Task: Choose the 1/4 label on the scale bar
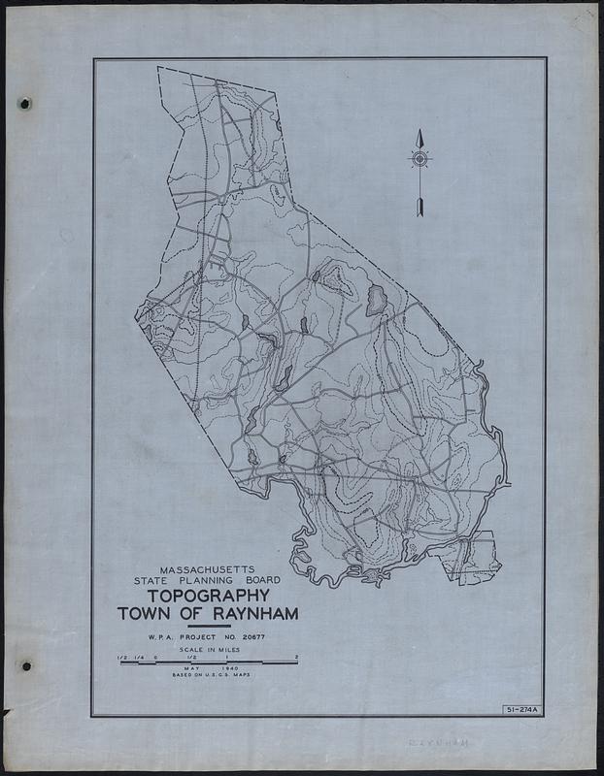[139, 659]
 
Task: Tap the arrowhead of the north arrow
[419, 138]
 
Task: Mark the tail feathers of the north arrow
[419, 206]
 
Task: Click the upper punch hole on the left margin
[26, 104]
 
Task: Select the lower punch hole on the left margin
[26, 666]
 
